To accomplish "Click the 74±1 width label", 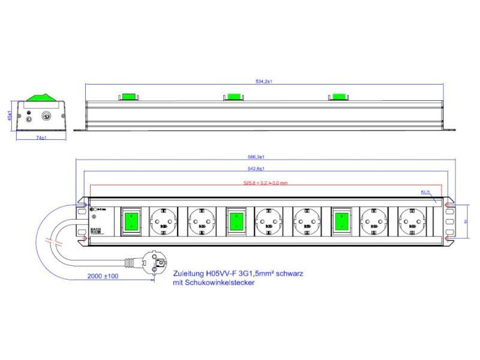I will tap(41, 138).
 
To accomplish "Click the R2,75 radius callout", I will tap(426, 193).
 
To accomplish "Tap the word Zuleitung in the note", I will tap(188, 273).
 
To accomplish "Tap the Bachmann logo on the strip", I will tap(95, 229).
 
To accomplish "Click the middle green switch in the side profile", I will tap(233, 97).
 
